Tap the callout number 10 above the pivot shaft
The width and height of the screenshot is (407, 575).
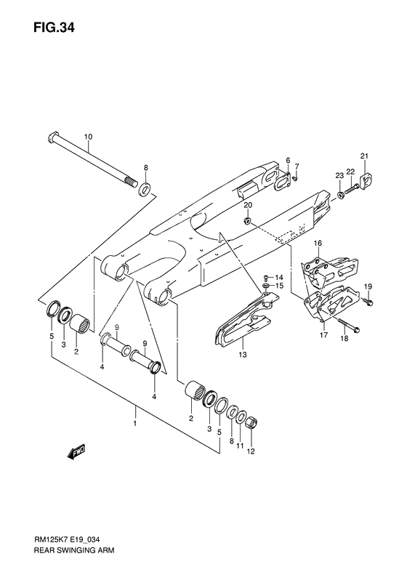88,137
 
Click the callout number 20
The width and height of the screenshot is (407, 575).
249,206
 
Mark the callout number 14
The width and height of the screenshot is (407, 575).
279,278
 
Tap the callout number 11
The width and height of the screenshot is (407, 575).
239,441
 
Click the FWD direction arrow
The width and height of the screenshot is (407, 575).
76,454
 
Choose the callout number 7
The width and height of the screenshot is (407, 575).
296,167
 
